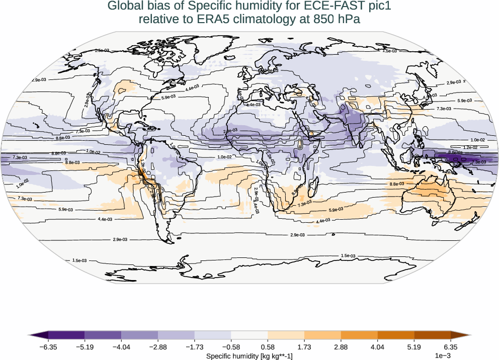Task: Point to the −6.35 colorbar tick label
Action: tap(48, 347)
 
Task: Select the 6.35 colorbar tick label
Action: tap(451, 347)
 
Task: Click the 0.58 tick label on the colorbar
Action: tap(268, 347)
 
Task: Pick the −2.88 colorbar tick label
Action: tap(158, 347)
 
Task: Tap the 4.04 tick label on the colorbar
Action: tap(377, 347)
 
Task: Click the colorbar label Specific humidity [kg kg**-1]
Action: tap(249, 356)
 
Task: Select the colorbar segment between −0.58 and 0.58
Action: tap(249, 335)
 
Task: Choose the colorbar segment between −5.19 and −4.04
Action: tap(103, 335)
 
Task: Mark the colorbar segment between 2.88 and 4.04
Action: tap(359, 335)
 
